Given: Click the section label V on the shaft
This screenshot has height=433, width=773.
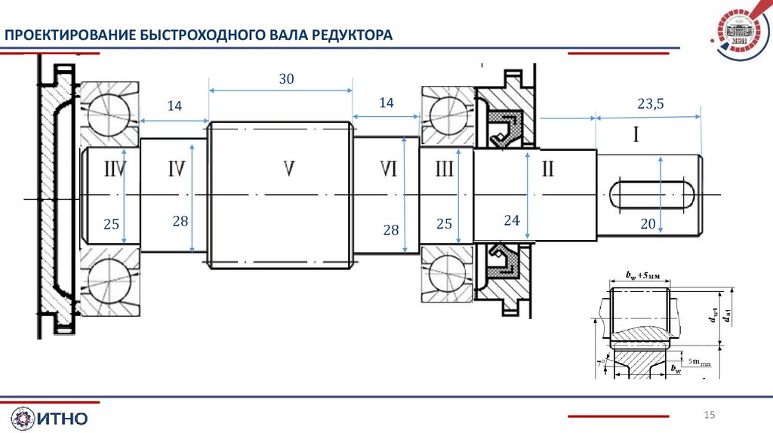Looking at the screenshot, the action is coord(288,169).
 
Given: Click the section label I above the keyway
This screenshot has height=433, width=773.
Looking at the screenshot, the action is coord(636,136).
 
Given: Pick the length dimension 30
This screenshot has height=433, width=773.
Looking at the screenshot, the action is coord(286,78).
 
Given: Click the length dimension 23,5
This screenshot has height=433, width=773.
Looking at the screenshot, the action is coord(650,104).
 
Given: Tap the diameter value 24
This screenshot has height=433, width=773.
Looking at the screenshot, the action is coord(513,220).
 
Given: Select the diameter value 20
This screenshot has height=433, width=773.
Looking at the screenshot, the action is coord(648,224).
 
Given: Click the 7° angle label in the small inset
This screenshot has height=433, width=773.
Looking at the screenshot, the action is coord(601,363).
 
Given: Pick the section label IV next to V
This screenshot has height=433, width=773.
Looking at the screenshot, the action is coord(177,169).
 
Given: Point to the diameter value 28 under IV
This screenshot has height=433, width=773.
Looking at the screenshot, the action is coord(180,221).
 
